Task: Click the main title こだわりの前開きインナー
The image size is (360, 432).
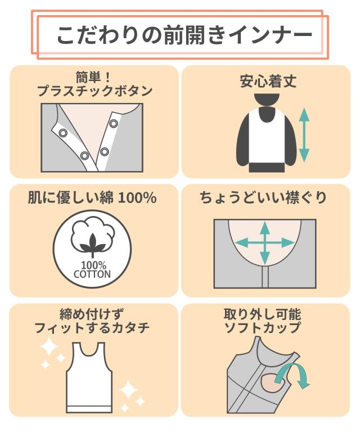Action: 184,35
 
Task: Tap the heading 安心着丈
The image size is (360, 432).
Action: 268,81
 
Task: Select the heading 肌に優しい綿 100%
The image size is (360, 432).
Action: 93,197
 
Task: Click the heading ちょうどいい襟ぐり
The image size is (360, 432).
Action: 264,198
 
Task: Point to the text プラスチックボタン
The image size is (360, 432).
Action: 94,91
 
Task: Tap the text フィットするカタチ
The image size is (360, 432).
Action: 92,328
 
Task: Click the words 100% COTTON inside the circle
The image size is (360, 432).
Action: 92,270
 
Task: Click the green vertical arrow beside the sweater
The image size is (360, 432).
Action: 304,135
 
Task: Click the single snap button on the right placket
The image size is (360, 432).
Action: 113,123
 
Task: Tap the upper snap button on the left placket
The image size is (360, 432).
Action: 63,133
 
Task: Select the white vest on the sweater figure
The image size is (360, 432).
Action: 267,138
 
